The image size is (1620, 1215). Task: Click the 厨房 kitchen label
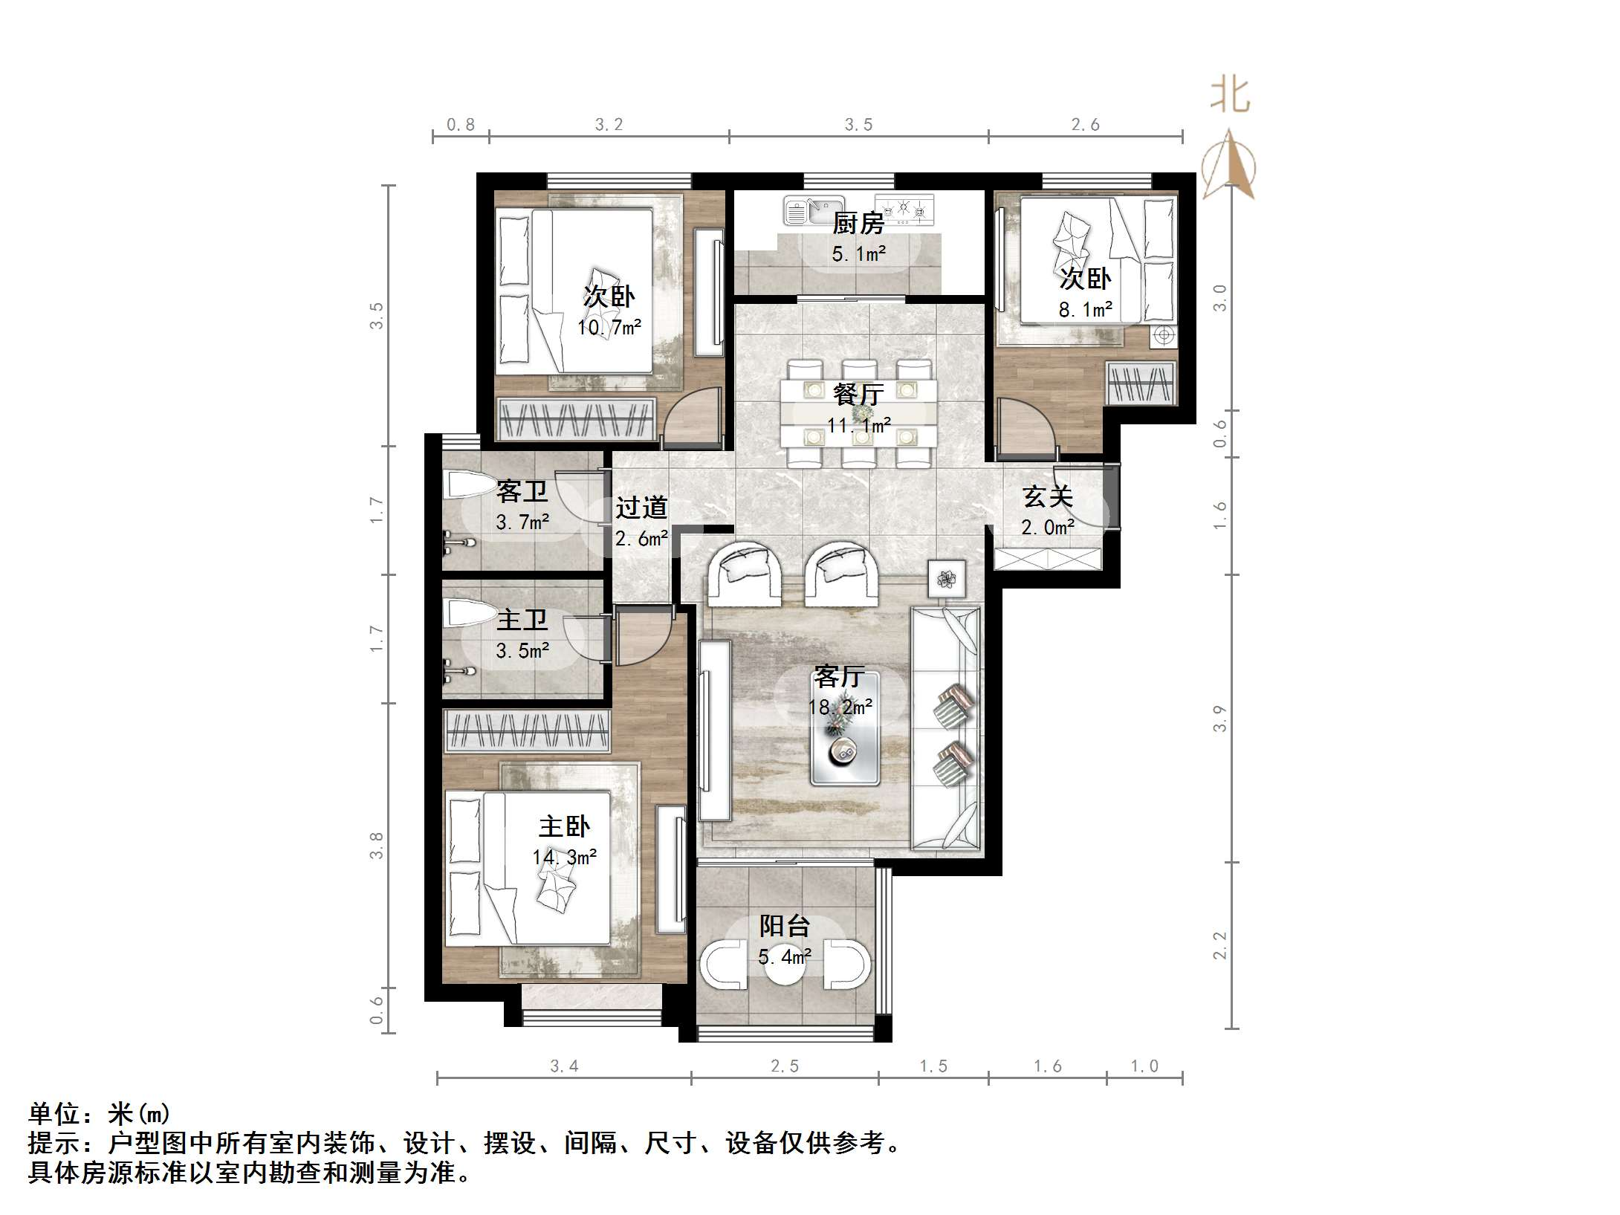(858, 222)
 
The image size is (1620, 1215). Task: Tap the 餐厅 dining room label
(858, 394)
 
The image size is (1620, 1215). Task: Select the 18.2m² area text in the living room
(840, 707)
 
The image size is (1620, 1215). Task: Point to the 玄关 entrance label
(1047, 496)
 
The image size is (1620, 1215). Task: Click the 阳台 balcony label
(784, 926)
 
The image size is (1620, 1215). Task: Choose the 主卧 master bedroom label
(564, 826)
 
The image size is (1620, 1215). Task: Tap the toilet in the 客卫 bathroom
(468, 486)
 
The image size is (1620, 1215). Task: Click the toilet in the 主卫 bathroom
(468, 615)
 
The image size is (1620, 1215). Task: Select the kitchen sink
(814, 210)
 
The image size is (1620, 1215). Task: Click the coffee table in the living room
(845, 729)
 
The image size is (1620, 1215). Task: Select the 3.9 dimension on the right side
(1219, 719)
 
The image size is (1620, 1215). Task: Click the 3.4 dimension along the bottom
(564, 1066)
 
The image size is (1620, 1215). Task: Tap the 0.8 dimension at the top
(461, 125)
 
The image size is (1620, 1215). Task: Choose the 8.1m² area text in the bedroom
(1085, 310)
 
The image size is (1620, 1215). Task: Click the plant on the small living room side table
(947, 578)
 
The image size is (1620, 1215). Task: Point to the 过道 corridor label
(641, 508)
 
